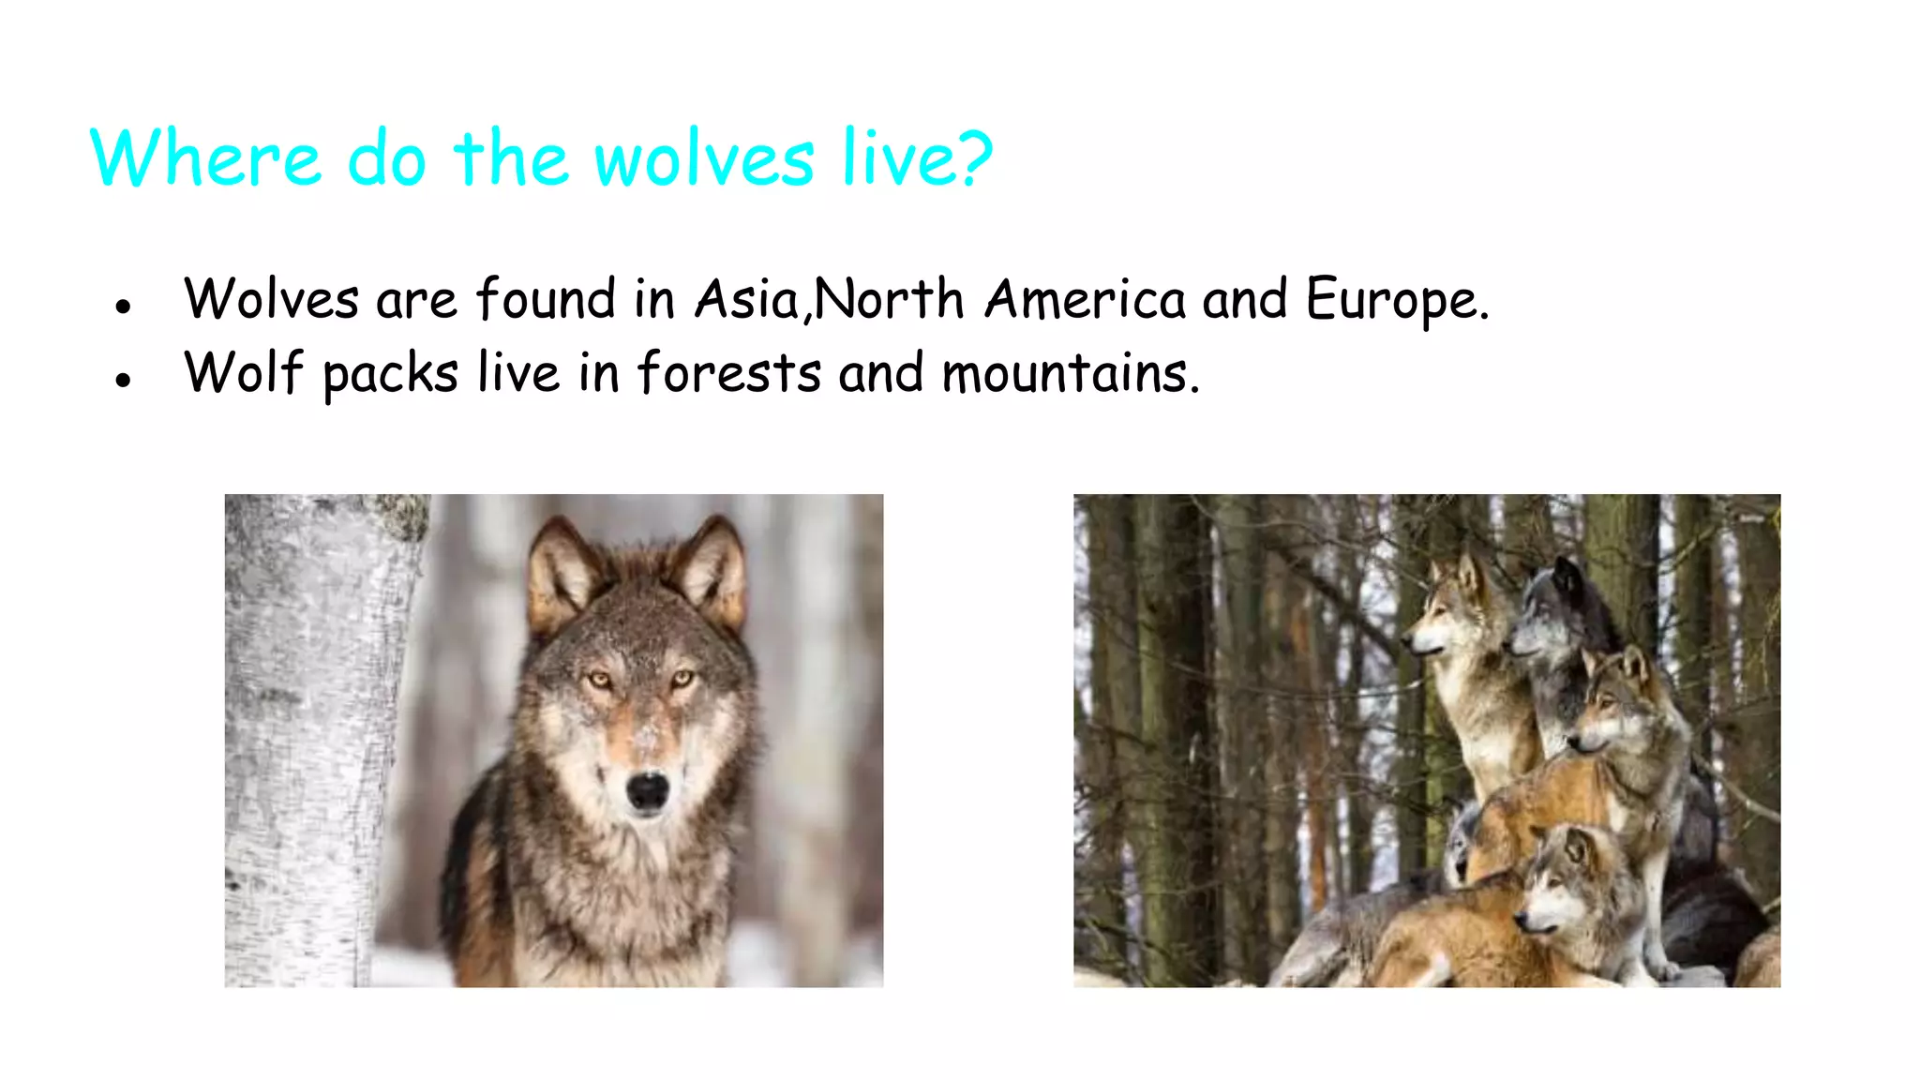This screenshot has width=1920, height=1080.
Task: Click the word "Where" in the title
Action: (x=205, y=158)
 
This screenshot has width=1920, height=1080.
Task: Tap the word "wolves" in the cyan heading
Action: (x=704, y=159)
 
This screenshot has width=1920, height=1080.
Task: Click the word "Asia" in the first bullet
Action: (x=746, y=300)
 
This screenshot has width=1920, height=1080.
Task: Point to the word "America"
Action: (x=1086, y=300)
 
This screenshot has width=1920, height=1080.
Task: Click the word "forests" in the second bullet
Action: (x=729, y=373)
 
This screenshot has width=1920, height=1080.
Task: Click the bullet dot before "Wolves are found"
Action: (x=123, y=307)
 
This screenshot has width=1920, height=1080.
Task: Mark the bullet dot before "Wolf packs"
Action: (x=123, y=380)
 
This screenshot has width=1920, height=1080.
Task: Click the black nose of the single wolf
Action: (x=647, y=790)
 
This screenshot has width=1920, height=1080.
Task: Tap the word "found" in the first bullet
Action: (x=546, y=300)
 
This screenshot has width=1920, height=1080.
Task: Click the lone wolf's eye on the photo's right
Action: (x=682, y=677)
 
